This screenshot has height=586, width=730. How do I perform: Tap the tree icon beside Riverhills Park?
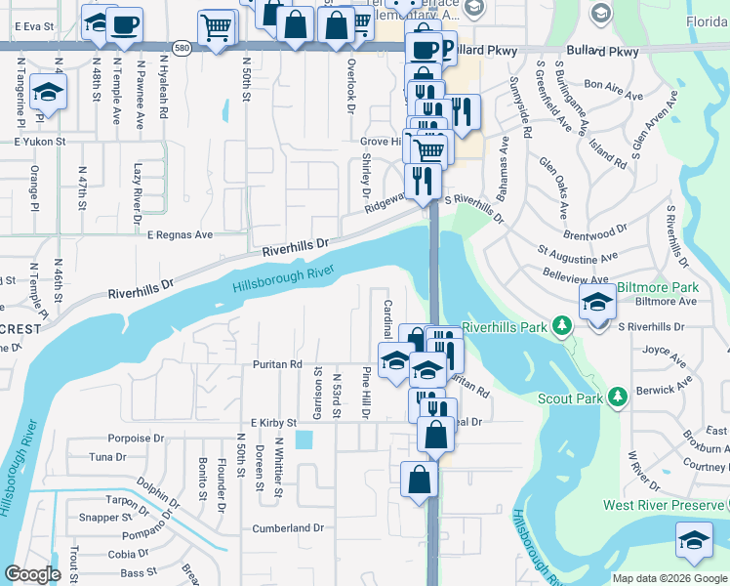(561, 324)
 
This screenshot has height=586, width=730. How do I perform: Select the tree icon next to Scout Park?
(617, 397)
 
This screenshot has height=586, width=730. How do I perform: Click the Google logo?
(32, 574)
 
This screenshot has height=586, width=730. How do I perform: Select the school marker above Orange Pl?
(47, 93)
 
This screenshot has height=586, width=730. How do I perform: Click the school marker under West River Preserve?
(694, 540)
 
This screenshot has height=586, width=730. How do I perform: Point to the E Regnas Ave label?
(180, 235)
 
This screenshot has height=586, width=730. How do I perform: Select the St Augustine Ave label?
(578, 257)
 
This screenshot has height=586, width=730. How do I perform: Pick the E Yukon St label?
(38, 142)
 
